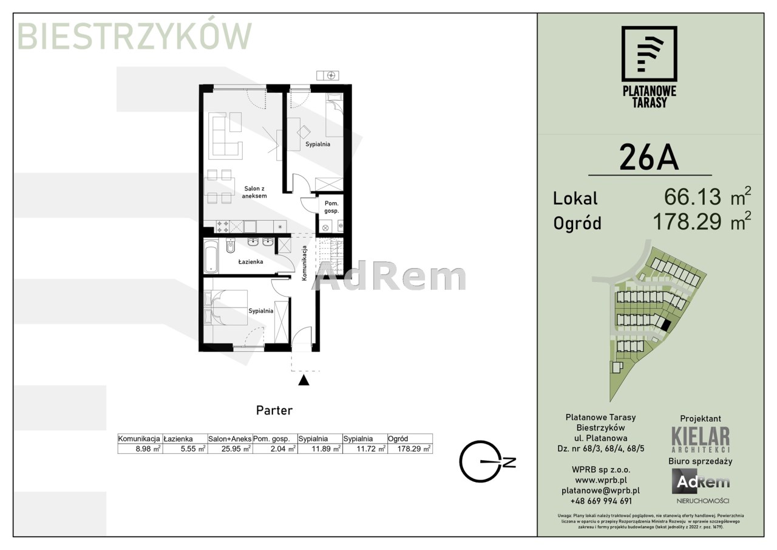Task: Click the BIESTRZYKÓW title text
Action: [134, 36]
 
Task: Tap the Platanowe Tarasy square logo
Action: [649, 58]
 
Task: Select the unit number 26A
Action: [649, 157]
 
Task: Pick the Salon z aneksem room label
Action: [254, 192]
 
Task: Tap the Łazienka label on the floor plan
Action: [251, 262]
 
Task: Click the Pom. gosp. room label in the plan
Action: [331, 207]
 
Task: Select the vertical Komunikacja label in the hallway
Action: [304, 263]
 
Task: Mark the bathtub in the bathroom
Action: [211, 256]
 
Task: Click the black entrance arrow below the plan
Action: [304, 380]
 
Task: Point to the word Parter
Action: [274, 410]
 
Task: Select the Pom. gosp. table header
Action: [271, 439]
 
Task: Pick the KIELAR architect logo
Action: [701, 439]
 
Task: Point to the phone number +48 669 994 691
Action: [601, 501]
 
